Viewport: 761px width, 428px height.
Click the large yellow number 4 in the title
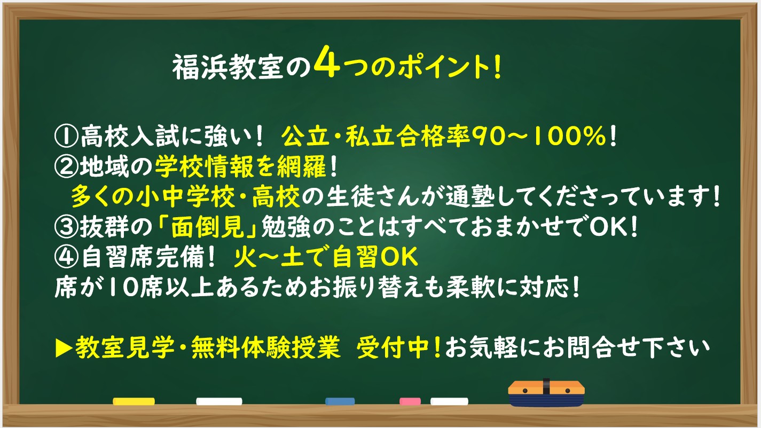tap(327, 62)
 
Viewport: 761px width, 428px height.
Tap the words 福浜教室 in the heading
tap(227, 68)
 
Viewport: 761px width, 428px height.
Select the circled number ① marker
tap(66, 137)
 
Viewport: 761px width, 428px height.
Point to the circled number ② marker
tap(66, 167)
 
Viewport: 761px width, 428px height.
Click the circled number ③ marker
tap(66, 227)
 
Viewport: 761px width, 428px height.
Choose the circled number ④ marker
tap(66, 257)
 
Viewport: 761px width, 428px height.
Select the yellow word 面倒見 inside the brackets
tap(207, 227)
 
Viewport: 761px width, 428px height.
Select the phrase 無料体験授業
tap(265, 347)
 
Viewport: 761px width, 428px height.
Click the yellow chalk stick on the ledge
tap(134, 401)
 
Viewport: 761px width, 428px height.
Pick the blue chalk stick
tap(340, 401)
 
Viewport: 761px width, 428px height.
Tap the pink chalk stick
tap(410, 401)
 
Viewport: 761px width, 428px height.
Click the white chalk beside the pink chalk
tap(449, 401)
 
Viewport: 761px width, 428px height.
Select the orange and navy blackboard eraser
tap(546, 393)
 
